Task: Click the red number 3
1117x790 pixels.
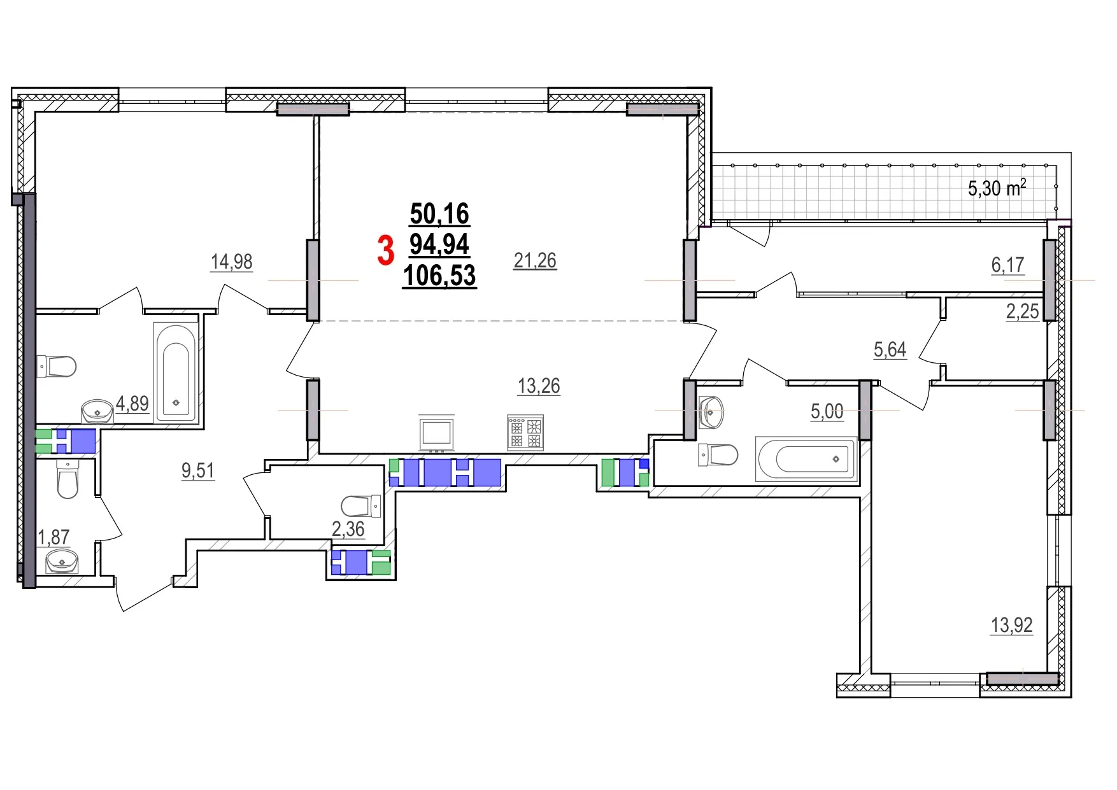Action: [385, 250]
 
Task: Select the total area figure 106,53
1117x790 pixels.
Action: [439, 276]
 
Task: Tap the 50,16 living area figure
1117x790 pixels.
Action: [439, 214]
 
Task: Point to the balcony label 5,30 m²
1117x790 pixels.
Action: [997, 188]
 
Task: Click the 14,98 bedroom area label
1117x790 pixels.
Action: [232, 262]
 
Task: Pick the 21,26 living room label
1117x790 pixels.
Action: [535, 260]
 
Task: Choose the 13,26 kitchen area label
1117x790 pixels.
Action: [539, 386]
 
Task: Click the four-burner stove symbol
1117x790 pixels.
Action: [525, 432]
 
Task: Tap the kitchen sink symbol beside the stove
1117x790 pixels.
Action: [437, 433]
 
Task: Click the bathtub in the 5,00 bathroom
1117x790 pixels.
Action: [806, 458]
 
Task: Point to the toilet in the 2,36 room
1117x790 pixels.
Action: [360, 506]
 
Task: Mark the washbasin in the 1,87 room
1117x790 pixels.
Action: [62, 561]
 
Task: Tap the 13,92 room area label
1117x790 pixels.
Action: [1011, 625]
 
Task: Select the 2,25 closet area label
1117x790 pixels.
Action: [1022, 311]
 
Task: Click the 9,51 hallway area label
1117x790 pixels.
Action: [198, 470]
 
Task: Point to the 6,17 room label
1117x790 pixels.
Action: [1007, 265]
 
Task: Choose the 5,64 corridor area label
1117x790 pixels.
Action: [890, 349]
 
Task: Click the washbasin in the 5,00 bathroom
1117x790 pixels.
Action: [711, 411]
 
